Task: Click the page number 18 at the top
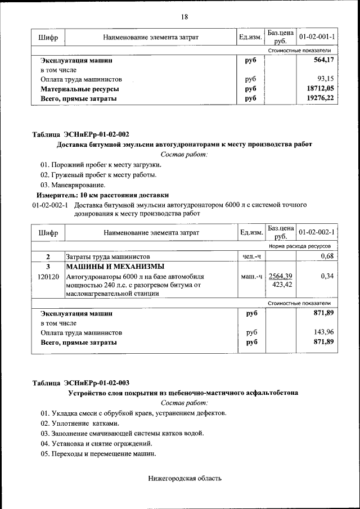184,16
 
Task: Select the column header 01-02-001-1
317,37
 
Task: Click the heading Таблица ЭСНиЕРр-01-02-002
80,134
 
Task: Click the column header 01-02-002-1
317,232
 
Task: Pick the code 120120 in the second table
48,277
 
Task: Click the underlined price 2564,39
281,276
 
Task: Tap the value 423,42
282,285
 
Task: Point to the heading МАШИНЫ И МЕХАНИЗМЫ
115,267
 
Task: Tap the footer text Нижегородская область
185,479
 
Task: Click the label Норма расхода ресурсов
299,246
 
